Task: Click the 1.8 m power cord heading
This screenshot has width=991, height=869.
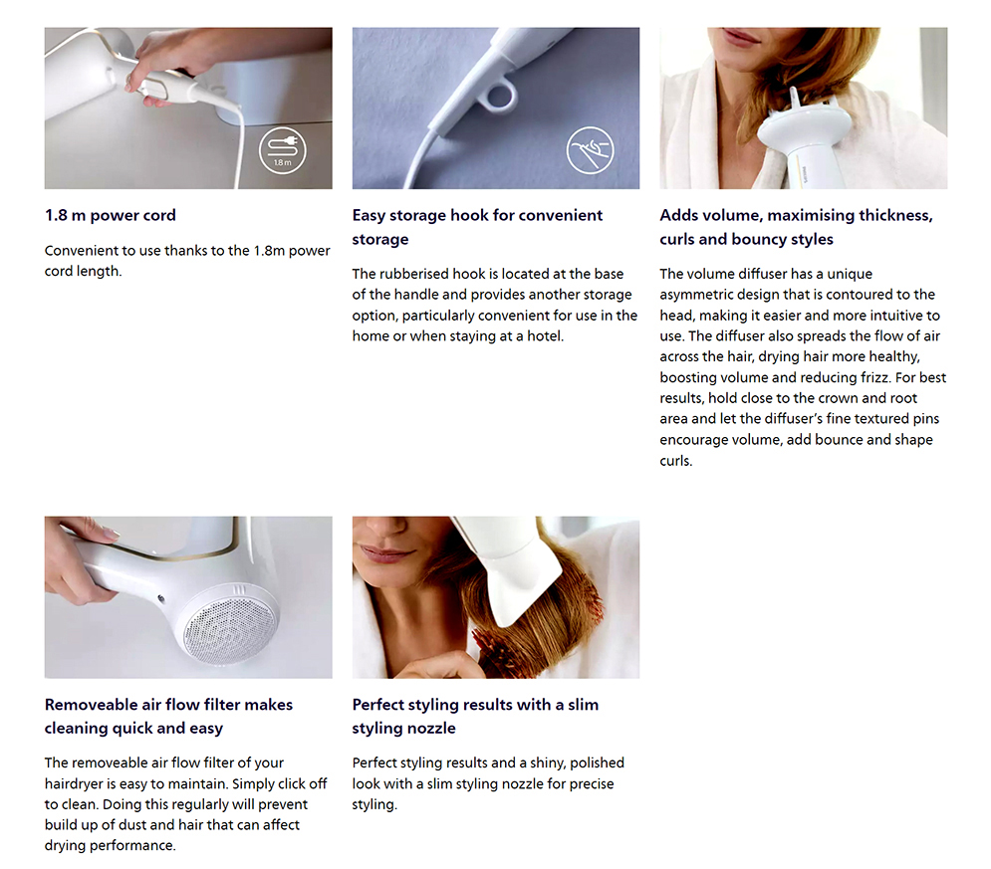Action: (x=110, y=215)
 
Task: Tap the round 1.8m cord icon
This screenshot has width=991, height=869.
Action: (x=282, y=151)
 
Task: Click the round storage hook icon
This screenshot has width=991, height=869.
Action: (x=590, y=151)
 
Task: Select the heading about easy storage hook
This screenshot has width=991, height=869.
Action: (x=477, y=227)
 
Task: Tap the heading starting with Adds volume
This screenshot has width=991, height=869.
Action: (x=795, y=227)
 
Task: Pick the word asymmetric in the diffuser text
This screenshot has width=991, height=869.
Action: (x=700, y=295)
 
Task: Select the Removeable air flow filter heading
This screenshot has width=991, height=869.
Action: (x=168, y=716)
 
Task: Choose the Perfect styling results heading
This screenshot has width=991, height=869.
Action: (x=475, y=716)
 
